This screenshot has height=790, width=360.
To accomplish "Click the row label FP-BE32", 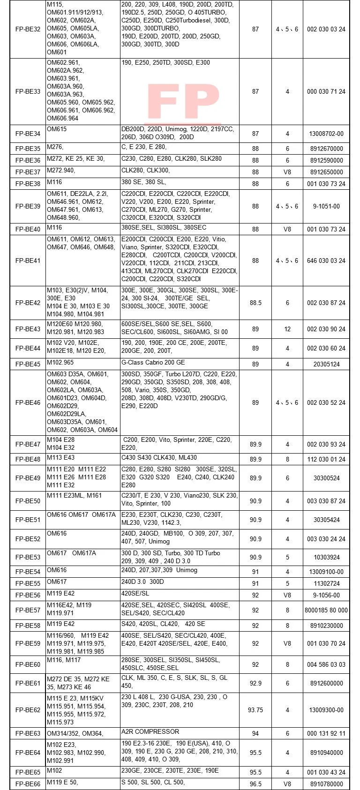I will pos(28,29).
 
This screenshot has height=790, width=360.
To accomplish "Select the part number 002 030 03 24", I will pos(326,29).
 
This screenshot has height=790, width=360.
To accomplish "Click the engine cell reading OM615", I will pos(57,129).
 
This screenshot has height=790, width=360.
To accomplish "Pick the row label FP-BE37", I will pos(28,172).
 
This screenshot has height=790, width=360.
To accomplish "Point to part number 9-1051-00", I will pos(326,206).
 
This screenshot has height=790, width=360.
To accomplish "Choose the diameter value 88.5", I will pos(255,303).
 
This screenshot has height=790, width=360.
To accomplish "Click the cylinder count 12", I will pos(287,329).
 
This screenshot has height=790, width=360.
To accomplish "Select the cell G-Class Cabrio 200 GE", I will pos(153,363).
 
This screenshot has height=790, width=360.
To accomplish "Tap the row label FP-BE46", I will pos(28,402).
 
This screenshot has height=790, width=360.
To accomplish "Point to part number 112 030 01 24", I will pos(326,459).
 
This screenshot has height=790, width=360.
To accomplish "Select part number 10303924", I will pos(326,557).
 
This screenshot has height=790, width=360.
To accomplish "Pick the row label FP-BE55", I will pos(28,583).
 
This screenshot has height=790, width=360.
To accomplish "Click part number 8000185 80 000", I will pos(326,610).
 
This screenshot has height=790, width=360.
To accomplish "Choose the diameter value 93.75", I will pos(255,710).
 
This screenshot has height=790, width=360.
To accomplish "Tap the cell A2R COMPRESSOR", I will pos(150,731).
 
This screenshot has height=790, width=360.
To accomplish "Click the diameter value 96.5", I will pos(255,784).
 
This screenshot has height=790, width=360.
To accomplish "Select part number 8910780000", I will pos(326,784).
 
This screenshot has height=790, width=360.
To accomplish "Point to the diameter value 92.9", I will pos(255,683).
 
